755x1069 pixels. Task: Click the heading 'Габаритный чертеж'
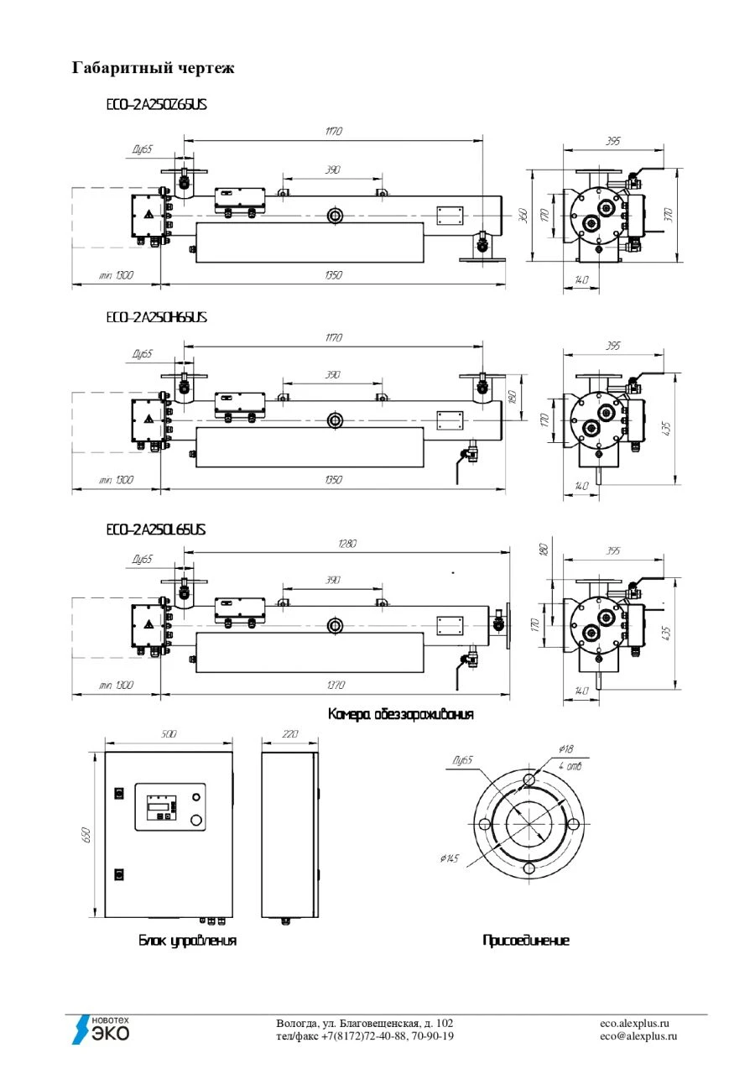click(x=153, y=68)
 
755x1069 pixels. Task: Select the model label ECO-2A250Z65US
click(x=156, y=105)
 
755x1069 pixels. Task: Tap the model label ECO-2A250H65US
click(x=156, y=318)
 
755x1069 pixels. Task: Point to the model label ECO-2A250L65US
click(x=156, y=530)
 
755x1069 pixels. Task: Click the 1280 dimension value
click(x=346, y=544)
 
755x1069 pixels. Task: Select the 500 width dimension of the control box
click(x=168, y=734)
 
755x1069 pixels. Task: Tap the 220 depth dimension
click(x=289, y=734)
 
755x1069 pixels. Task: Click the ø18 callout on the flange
click(x=565, y=749)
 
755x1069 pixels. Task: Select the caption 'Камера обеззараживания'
click(x=400, y=714)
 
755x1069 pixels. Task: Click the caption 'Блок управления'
click(x=187, y=941)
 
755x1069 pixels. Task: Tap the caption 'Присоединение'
click(x=525, y=941)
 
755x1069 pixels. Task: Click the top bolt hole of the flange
click(x=528, y=780)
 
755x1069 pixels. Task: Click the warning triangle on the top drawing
click(x=148, y=215)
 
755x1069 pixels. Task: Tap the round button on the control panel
click(x=197, y=819)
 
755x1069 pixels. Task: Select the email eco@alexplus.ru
click(x=638, y=1036)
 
